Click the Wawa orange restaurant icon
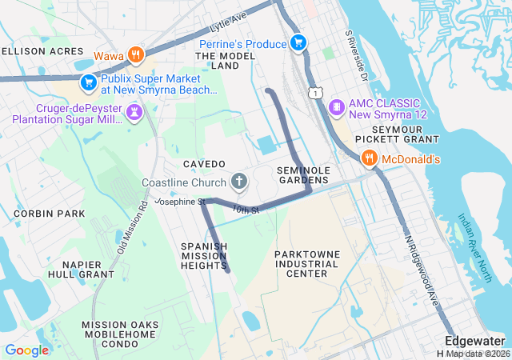(x=137, y=55)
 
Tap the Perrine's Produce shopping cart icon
(x=298, y=42)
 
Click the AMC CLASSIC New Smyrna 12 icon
(x=337, y=106)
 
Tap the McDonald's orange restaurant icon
(x=369, y=159)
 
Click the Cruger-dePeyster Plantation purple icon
(x=134, y=113)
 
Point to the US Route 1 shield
(x=318, y=94)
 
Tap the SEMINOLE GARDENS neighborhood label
(x=303, y=175)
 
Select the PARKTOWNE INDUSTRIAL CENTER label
(x=301, y=263)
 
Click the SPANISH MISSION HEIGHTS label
(x=204, y=256)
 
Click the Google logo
(x=27, y=350)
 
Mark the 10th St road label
(x=246, y=210)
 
